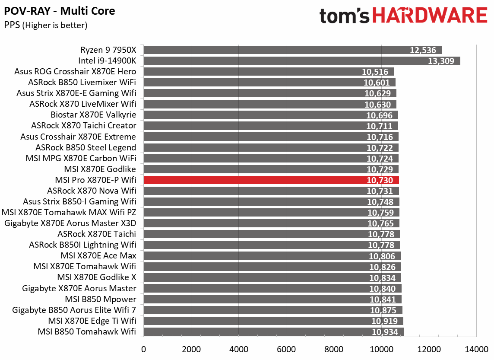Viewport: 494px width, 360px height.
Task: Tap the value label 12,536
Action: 423,50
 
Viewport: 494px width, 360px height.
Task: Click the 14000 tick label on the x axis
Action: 476,349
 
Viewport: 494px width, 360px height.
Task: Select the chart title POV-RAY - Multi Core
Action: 60,11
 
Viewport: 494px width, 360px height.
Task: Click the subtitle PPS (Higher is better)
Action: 46,25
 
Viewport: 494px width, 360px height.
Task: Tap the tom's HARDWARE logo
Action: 403,16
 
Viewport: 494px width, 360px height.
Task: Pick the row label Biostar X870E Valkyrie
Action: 93,115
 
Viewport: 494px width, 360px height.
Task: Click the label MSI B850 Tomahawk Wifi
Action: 87,331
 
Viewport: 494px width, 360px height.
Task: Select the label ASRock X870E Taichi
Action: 97,234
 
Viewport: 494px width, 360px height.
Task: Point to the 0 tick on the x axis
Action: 143,349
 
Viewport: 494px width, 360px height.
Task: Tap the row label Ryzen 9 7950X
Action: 108,50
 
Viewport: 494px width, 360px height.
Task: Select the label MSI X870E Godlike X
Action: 97,277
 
